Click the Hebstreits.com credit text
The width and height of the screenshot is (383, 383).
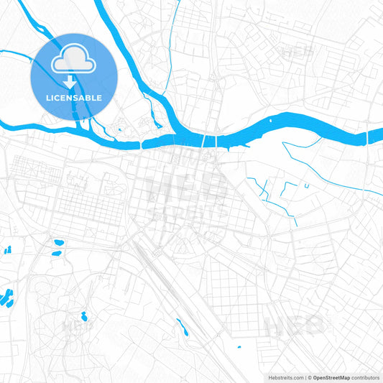(284, 377)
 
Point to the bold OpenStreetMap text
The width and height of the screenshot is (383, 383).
(331, 377)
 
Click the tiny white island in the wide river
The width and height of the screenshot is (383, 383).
(271, 121)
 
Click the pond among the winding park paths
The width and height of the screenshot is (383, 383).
(84, 315)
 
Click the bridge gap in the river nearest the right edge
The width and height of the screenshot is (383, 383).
(366, 134)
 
